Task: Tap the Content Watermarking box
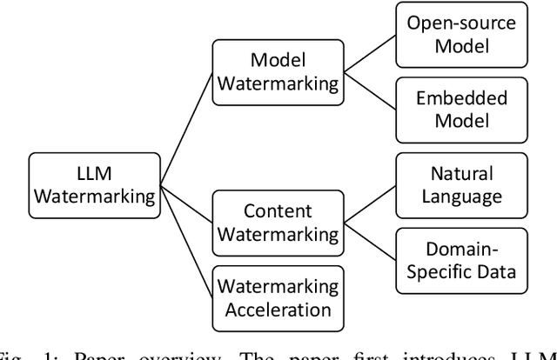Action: [277, 222]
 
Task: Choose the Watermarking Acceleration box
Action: [277, 297]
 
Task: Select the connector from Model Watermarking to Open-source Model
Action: [366, 54]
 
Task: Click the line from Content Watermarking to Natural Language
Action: [366, 203]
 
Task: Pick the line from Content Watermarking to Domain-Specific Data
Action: [366, 241]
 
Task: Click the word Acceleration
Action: [277, 310]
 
